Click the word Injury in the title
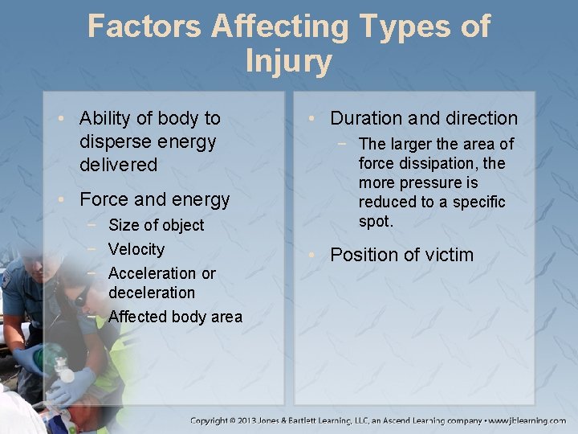[288, 61]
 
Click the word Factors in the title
[144, 26]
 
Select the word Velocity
[136, 249]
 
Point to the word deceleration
[151, 293]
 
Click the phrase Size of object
[156, 225]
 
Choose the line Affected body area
[174, 317]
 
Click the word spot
[376, 221]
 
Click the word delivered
[118, 165]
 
